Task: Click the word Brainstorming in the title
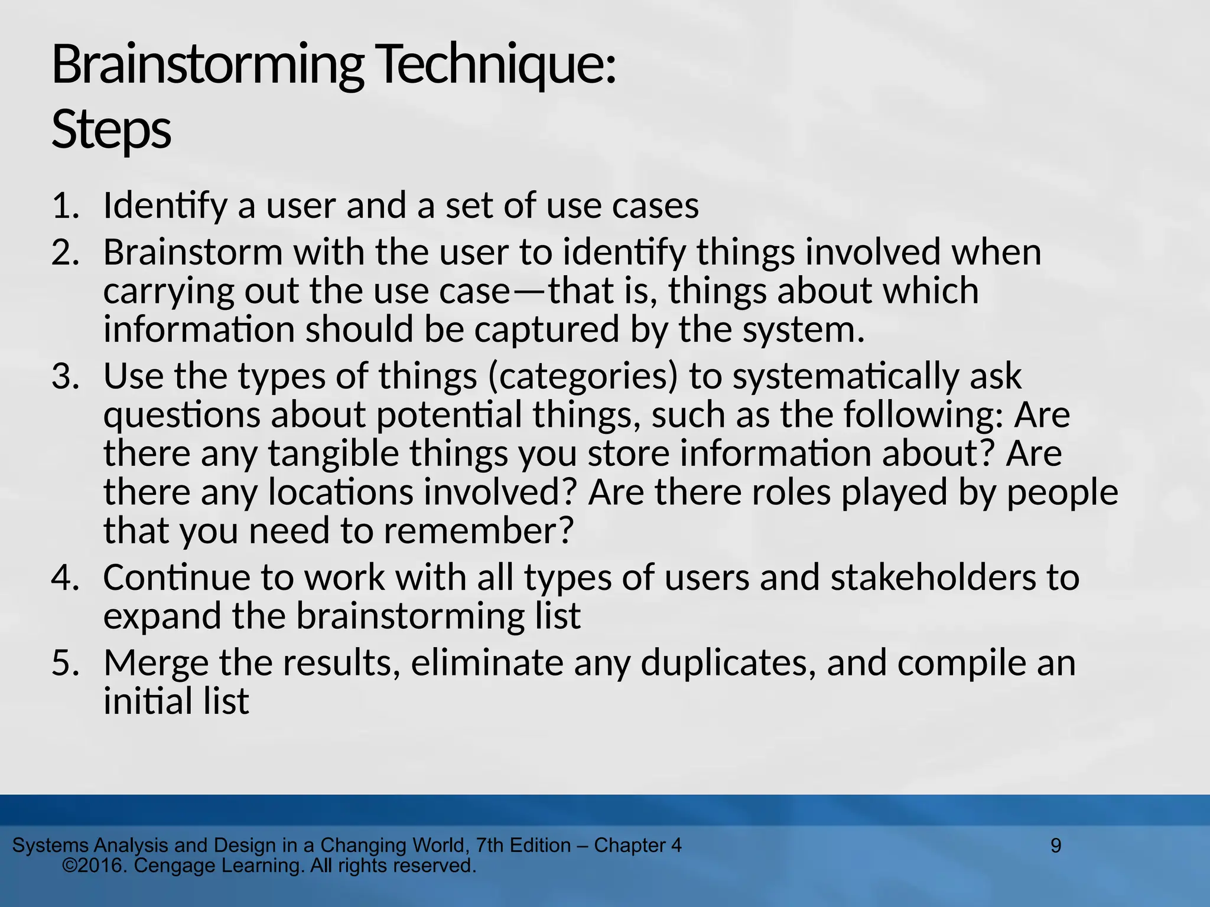tap(207, 66)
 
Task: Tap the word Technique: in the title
tap(496, 66)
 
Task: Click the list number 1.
tap(65, 206)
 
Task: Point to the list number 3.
tap(65, 376)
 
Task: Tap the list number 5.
tap(65, 663)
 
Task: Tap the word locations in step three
tap(341, 492)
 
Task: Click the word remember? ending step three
tap(479, 531)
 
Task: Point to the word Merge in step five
tap(156, 663)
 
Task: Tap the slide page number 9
tap(1056, 846)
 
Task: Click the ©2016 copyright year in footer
tap(95, 866)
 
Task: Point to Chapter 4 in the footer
tap(637, 846)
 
